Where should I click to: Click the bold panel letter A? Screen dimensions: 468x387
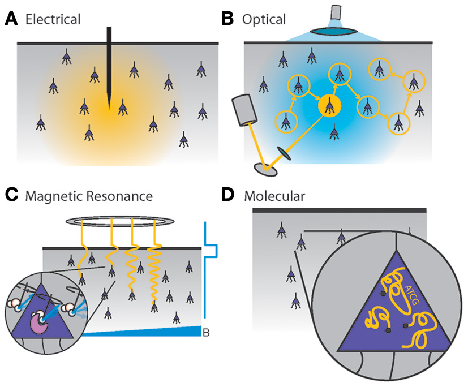pos(11,19)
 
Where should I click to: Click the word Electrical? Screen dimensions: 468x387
pos(53,19)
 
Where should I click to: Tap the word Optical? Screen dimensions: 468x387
pos(264,20)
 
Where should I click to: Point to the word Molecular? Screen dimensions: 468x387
pos(274,196)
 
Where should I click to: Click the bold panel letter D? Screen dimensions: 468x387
pos(228,196)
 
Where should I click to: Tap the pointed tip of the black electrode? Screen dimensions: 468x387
pos(109,109)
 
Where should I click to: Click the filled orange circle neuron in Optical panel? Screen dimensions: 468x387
pos(329,105)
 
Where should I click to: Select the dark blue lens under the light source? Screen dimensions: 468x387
pos(334,31)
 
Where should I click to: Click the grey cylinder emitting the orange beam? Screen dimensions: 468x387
pos(244,110)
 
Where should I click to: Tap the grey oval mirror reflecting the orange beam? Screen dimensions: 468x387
pos(265,170)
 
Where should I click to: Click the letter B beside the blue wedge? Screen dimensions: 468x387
pos(206,332)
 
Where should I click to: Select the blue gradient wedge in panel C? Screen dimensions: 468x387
pos(141,331)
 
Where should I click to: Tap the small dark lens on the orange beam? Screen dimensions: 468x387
pos(284,153)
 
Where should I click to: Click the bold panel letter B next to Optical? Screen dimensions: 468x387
pos(227,19)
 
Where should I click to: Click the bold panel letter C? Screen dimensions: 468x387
pos(12,196)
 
